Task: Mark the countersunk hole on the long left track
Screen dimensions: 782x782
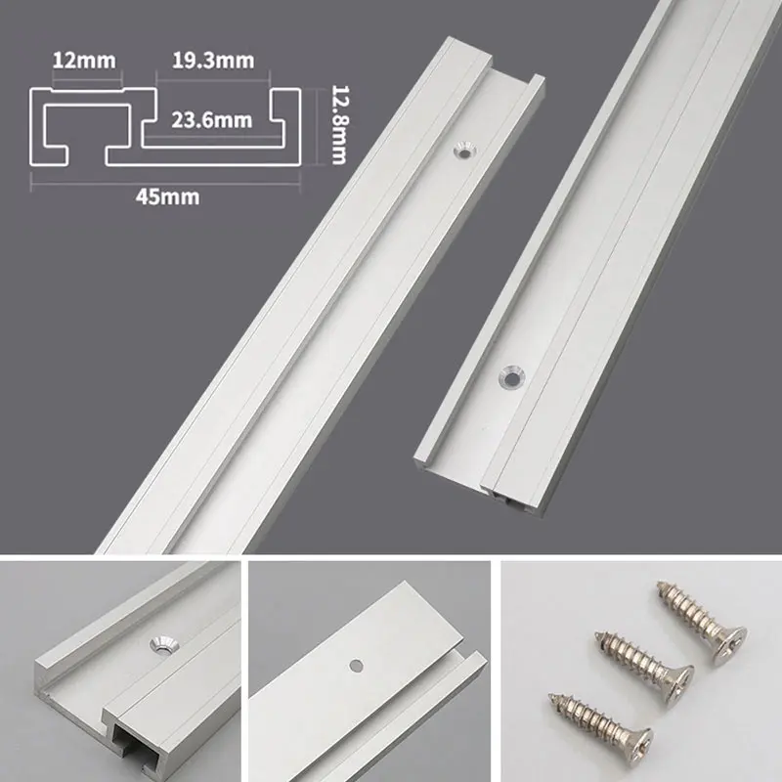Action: click(464, 150)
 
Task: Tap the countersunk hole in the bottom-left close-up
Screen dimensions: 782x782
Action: click(159, 643)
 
